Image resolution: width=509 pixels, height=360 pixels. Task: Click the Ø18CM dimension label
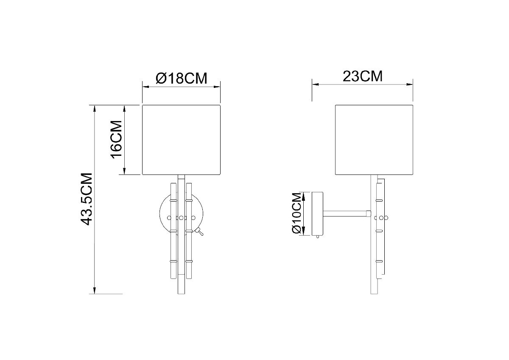point(182,78)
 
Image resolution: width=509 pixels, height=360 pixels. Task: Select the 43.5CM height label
point(87,199)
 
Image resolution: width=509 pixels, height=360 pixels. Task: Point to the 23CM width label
point(362,76)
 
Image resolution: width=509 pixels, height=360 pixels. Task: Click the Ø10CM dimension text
point(297,214)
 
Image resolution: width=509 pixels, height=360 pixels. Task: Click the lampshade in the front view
point(181,140)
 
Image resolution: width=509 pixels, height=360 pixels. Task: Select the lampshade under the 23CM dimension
point(374,140)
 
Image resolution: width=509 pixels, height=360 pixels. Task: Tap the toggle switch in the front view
point(199,231)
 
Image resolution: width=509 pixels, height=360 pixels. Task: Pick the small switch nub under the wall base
point(316,238)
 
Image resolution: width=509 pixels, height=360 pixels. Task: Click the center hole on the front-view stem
point(181,218)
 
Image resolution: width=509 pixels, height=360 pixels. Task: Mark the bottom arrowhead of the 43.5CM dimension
point(94,291)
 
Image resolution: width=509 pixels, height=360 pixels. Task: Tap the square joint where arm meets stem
point(369,213)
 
